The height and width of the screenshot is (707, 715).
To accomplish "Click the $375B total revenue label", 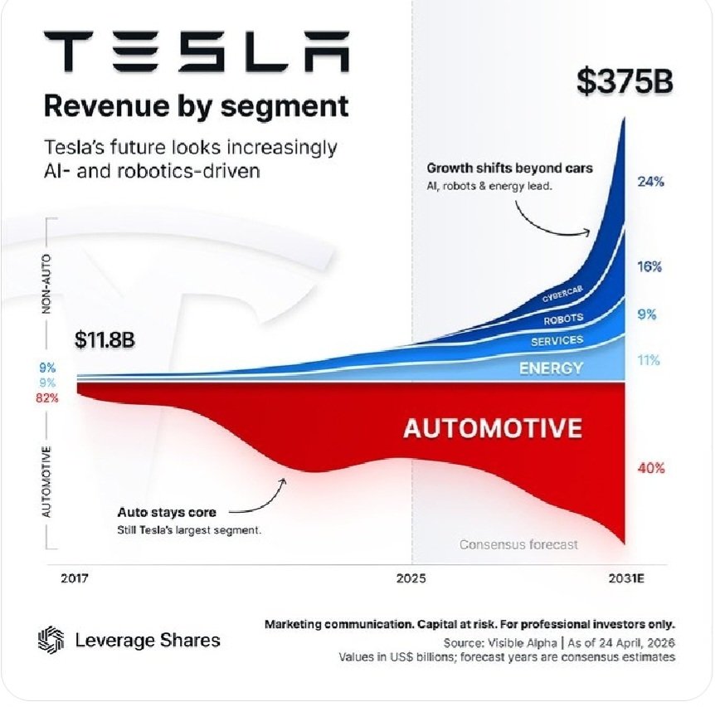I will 625,84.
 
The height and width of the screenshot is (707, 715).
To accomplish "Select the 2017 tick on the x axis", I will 75,578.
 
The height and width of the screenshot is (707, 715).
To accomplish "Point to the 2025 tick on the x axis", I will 411,578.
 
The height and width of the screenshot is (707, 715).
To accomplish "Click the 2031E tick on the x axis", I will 625,578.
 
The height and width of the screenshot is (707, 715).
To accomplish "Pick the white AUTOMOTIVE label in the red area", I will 493,428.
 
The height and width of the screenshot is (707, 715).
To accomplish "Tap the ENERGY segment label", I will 551,368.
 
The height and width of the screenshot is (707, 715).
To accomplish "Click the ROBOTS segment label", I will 563,319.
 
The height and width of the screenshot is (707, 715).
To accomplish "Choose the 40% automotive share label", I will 650,468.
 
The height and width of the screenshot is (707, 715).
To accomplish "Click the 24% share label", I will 650,181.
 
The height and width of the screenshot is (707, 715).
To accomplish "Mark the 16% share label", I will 650,267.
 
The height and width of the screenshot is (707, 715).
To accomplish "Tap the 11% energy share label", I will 649,360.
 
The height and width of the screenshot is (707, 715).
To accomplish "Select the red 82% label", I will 48,397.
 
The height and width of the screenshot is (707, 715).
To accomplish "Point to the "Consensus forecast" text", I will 518,545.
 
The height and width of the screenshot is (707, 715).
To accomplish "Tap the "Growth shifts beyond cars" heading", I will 510,168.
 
